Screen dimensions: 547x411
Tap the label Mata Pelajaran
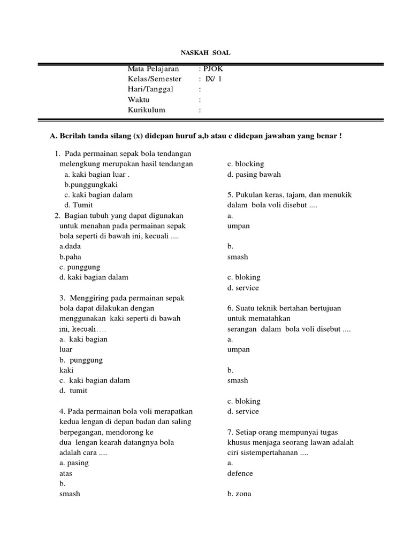click(153, 69)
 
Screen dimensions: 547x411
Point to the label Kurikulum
click(147, 110)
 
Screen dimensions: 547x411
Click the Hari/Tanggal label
click(150, 89)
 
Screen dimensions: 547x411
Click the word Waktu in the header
click(139, 100)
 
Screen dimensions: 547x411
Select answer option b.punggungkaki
click(90, 184)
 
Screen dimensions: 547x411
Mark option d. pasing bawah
click(254, 174)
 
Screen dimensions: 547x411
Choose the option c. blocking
click(246, 164)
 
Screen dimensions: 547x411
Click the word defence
click(240, 473)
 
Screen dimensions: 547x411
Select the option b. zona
click(239, 494)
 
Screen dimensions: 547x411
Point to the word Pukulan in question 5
click(248, 195)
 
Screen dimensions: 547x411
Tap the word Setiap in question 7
click(246, 432)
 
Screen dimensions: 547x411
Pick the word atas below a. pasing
click(66, 473)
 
